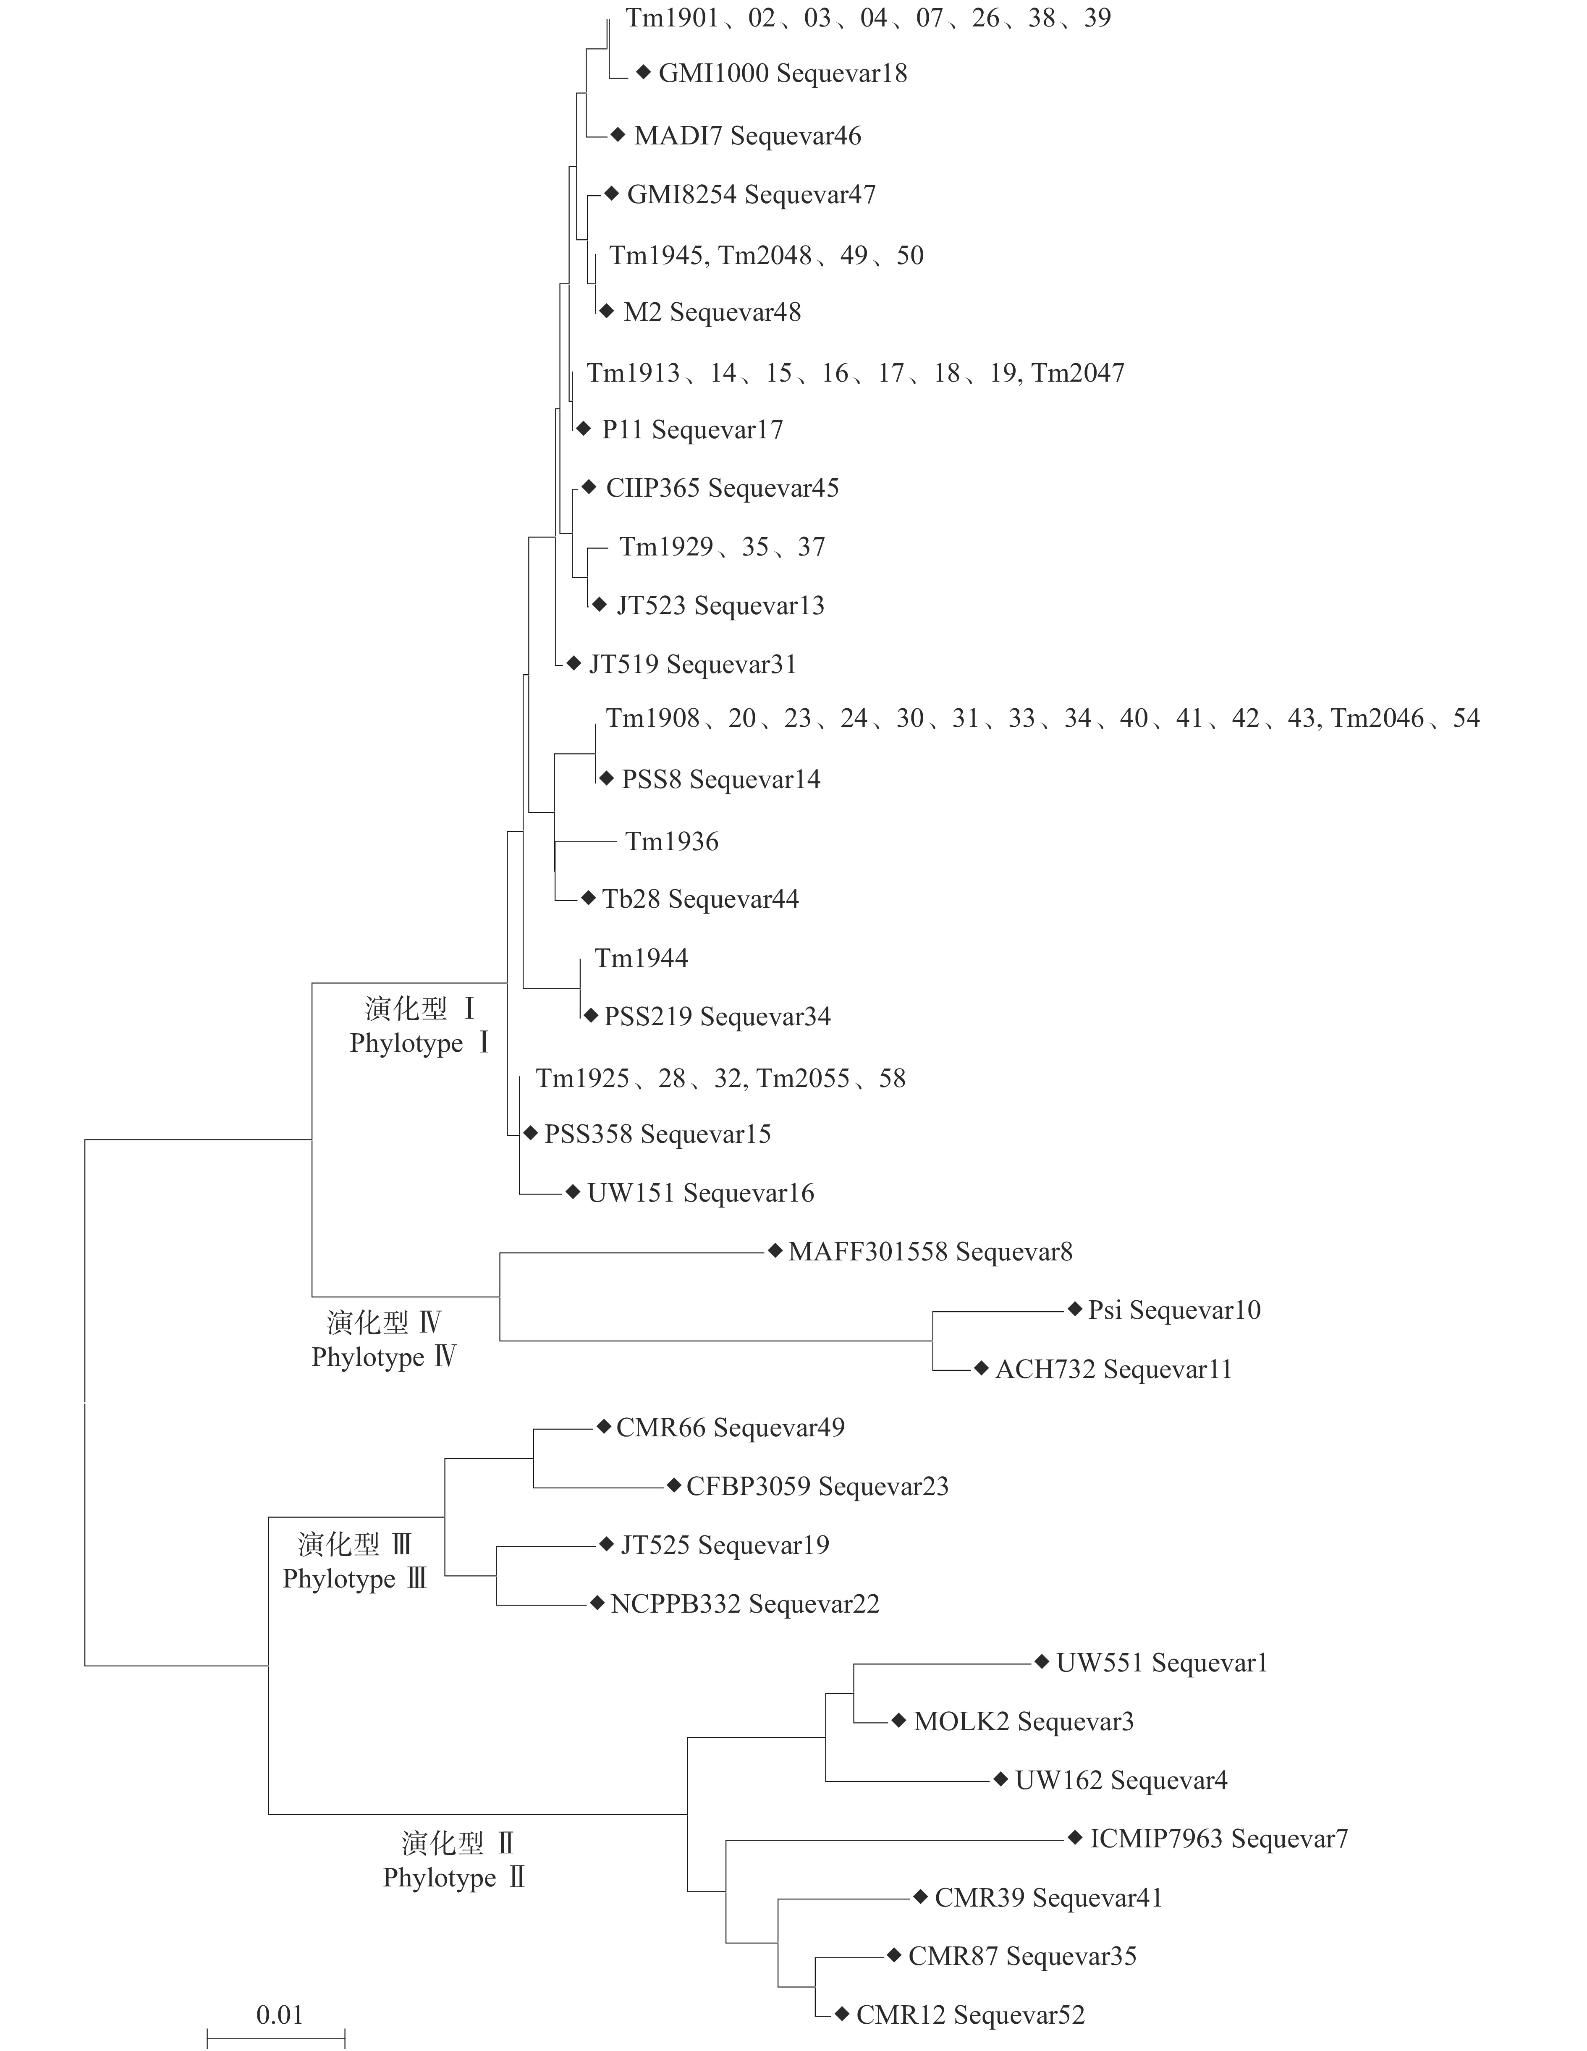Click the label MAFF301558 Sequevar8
[930, 1252]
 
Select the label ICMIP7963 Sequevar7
[1218, 1839]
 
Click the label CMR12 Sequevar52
[970, 2015]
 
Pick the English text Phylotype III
[354, 1580]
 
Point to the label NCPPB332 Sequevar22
[745, 1604]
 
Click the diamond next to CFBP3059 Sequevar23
[673, 1485]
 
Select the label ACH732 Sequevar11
[1113, 1369]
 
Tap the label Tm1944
[642, 958]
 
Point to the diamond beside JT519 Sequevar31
[574, 663]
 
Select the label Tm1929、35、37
[722, 547]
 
